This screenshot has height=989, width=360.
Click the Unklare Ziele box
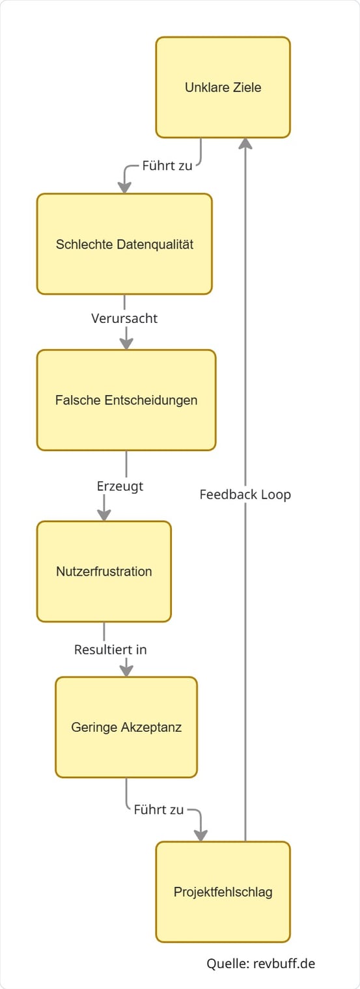(x=223, y=87)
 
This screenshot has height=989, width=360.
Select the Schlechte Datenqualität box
(x=124, y=244)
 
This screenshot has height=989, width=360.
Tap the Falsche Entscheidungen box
(x=126, y=400)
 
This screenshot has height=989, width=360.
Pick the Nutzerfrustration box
(x=104, y=571)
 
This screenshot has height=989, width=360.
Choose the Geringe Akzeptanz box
(x=126, y=727)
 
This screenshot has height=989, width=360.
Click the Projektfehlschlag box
(x=223, y=891)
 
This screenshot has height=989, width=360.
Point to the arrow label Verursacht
(x=124, y=319)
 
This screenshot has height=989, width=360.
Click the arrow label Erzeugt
(x=120, y=486)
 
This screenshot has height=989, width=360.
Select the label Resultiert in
(x=110, y=649)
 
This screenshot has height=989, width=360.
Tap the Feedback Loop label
(x=245, y=494)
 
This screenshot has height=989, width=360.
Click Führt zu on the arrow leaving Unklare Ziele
(x=167, y=165)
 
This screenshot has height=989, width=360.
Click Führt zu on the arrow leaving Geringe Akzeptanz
(x=159, y=810)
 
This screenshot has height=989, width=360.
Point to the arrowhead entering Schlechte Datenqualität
(x=124, y=187)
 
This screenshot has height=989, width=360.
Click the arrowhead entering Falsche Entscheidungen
(x=126, y=343)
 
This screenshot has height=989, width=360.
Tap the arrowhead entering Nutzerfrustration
(x=104, y=514)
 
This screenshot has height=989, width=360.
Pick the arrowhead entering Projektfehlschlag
(x=201, y=835)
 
